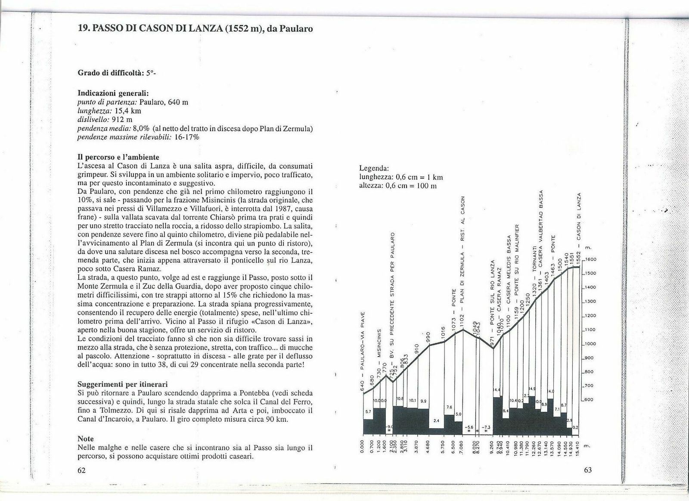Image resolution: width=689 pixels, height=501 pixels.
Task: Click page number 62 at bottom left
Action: point(82,470)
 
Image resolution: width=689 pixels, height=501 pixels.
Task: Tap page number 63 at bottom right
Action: point(588,470)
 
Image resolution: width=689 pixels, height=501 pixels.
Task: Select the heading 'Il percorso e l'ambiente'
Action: point(118,157)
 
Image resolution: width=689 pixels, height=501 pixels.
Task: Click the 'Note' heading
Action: point(86,439)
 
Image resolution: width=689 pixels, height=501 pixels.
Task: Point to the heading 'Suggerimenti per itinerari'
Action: point(123,384)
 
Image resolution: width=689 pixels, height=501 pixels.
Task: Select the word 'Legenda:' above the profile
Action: point(374,168)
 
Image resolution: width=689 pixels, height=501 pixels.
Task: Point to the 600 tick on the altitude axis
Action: point(589,400)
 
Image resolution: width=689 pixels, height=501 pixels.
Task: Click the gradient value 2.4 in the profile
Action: point(436,420)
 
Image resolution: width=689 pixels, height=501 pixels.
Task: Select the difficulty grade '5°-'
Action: point(152,73)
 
